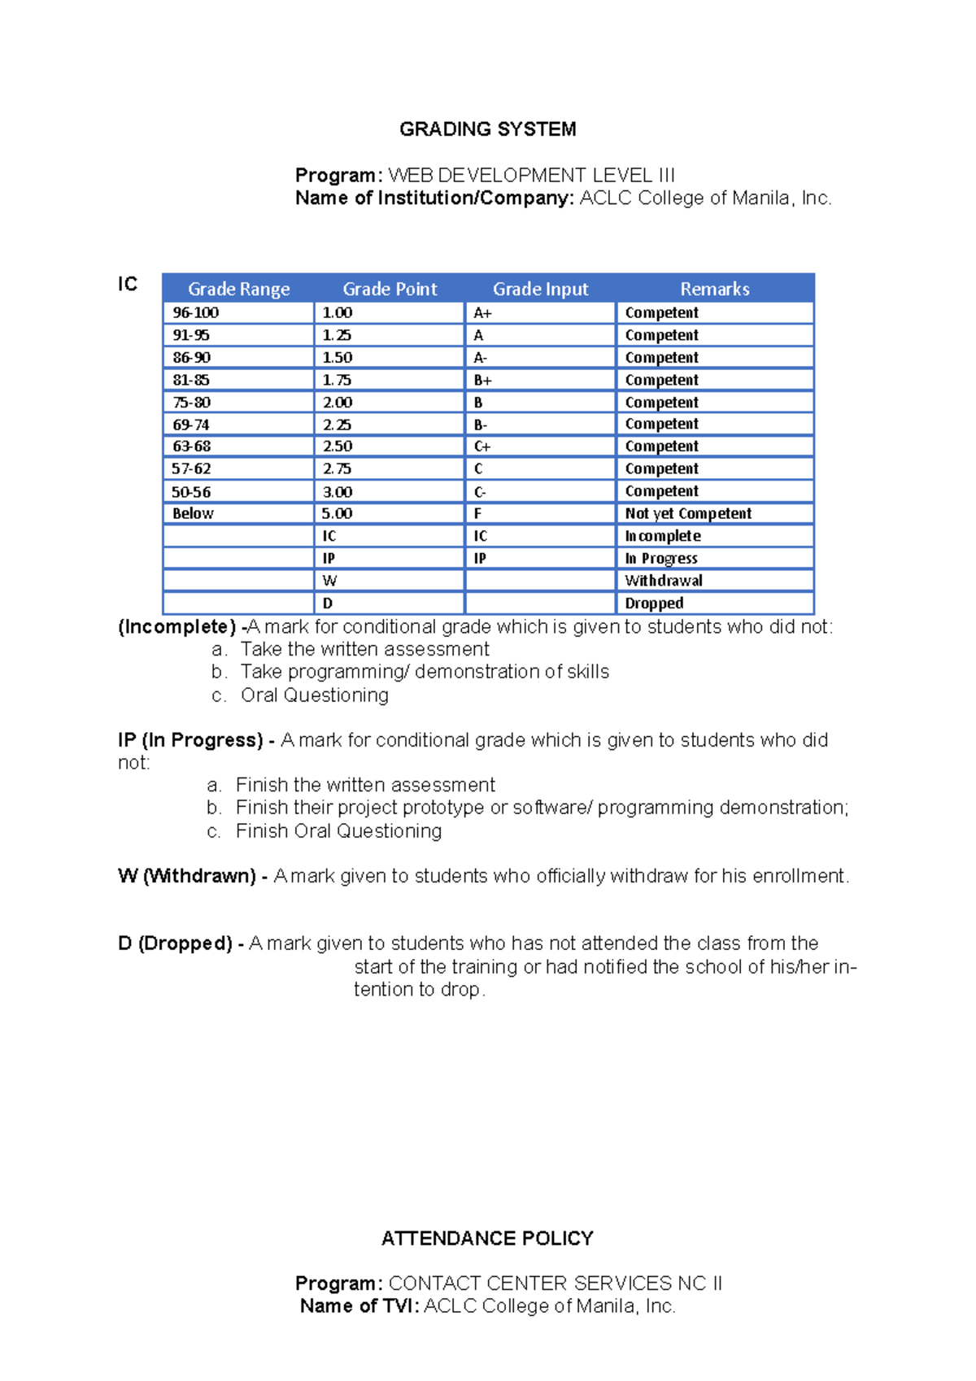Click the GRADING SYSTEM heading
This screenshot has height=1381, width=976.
click(x=487, y=129)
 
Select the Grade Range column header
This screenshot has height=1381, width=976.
click(x=238, y=289)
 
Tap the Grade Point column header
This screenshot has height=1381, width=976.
click(x=390, y=289)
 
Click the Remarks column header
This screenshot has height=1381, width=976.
click(x=714, y=289)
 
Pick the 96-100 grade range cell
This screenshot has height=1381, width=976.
click(x=196, y=312)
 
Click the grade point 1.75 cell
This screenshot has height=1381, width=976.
click(x=338, y=380)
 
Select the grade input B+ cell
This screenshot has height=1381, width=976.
click(x=482, y=380)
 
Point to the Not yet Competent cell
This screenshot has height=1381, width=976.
click(x=688, y=513)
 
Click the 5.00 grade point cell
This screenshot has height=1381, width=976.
click(x=338, y=513)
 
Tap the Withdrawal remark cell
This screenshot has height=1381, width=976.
click(x=664, y=581)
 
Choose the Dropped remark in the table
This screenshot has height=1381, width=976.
click(x=654, y=603)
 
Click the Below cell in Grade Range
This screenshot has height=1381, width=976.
click(x=193, y=513)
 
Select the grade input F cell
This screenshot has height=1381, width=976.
click(x=478, y=513)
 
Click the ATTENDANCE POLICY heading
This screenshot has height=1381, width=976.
click(x=487, y=1238)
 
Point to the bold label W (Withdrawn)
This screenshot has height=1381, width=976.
click(x=187, y=876)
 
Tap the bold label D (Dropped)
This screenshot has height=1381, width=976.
click(x=176, y=943)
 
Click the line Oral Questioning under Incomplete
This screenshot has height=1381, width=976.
click(x=314, y=695)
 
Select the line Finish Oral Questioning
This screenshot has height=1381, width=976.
click(x=338, y=831)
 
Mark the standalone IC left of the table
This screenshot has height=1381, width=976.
click(x=128, y=284)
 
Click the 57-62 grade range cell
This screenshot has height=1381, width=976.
click(x=192, y=468)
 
